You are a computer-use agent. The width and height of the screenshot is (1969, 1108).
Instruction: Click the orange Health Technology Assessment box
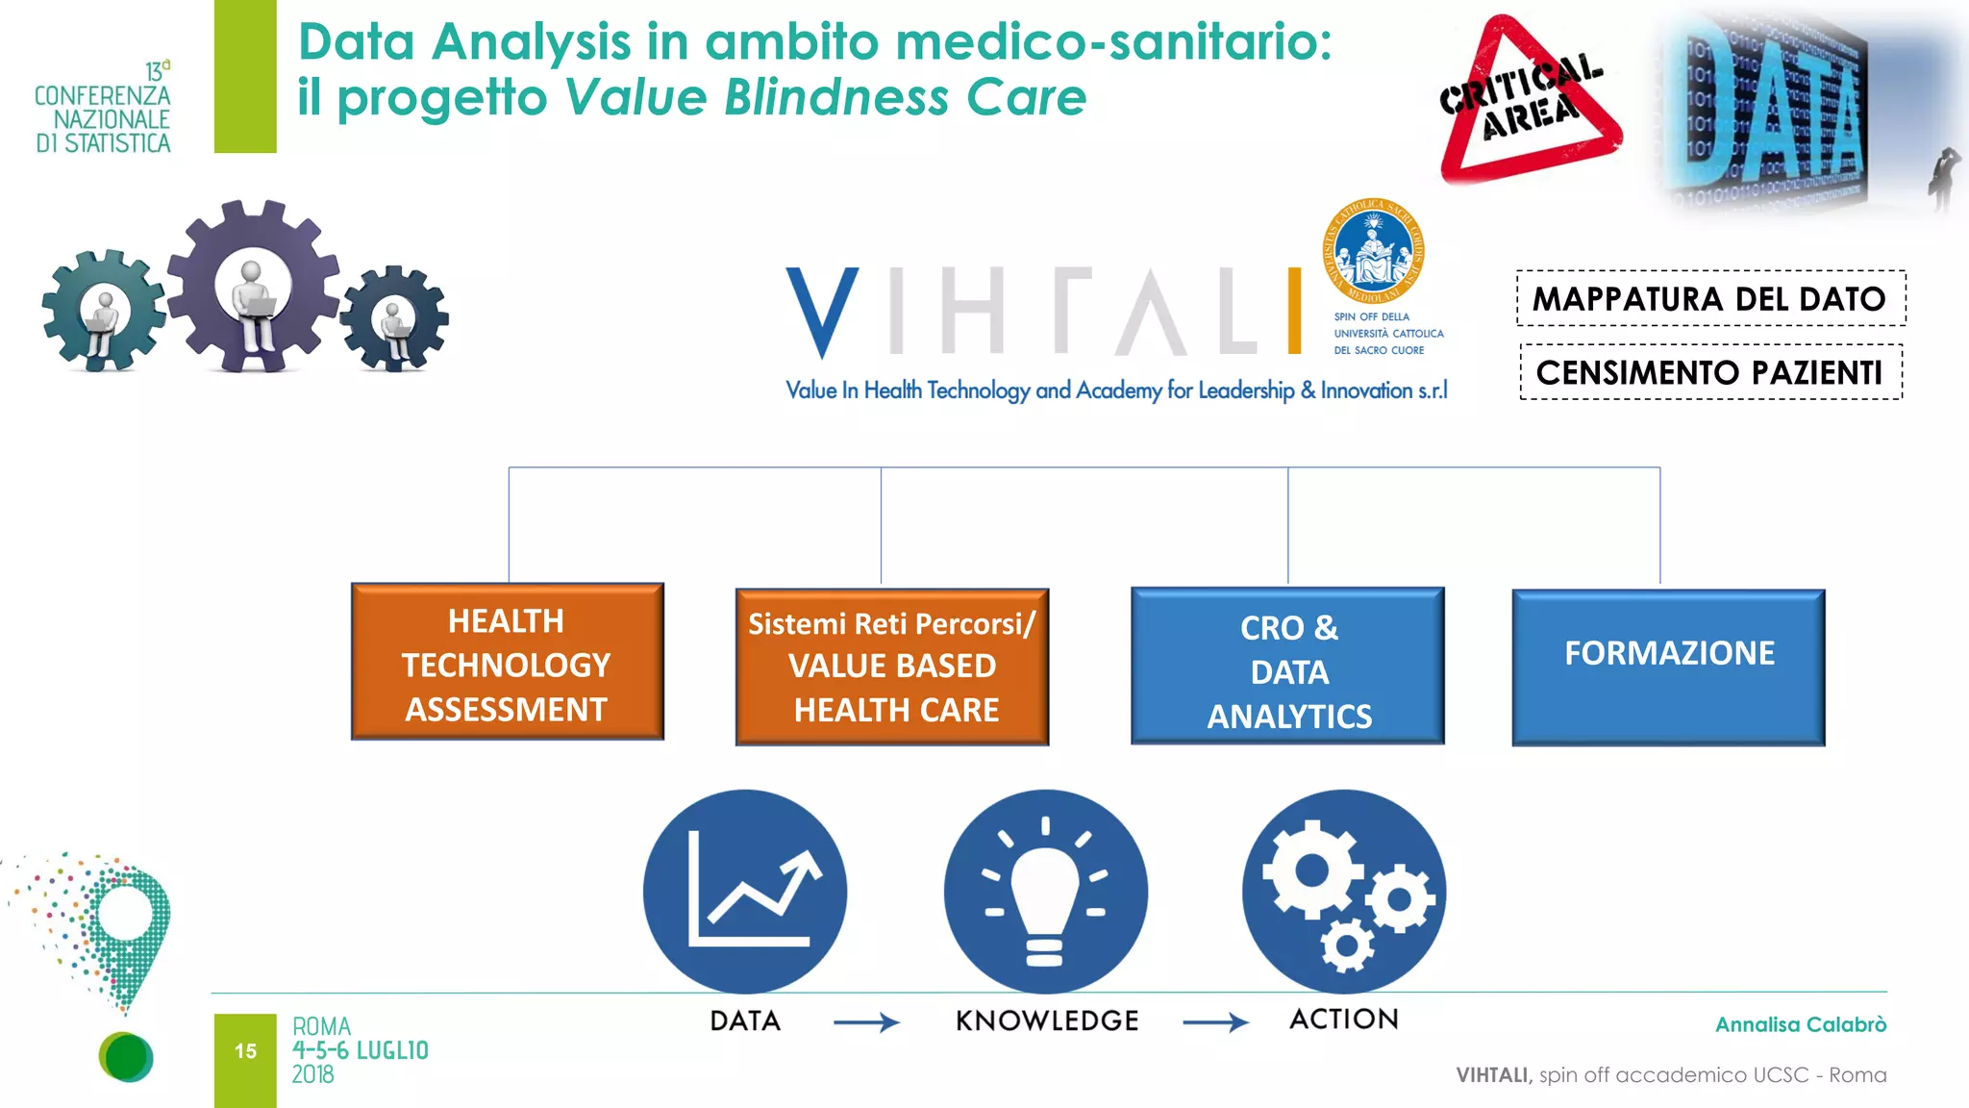507,662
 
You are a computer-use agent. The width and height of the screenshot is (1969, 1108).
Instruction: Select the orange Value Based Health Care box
891,667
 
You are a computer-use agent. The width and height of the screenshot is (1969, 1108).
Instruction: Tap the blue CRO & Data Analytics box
1287,666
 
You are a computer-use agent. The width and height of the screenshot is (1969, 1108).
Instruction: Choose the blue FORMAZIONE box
1668,667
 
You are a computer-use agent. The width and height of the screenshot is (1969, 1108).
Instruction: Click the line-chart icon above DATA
745,891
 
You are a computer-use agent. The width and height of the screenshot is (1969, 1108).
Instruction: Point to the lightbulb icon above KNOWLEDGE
1045,891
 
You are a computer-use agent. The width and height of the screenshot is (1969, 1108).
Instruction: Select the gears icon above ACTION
1344,891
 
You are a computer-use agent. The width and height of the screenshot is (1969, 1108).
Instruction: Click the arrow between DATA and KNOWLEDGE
866,1022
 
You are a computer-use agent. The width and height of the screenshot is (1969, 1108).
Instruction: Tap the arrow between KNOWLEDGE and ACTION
1215,1022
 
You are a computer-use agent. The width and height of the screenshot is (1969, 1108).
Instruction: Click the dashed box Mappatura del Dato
1710,299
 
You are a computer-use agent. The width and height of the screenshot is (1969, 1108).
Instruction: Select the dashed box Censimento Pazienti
1710,372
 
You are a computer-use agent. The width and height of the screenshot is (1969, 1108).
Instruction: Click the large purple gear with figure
253,286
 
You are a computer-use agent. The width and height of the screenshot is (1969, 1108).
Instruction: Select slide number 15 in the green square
245,1051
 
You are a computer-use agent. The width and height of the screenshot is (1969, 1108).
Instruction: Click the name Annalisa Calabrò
1800,1025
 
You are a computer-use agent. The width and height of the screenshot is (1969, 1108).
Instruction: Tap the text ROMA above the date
322,1026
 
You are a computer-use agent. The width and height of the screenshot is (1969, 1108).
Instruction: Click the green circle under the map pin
126,1057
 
